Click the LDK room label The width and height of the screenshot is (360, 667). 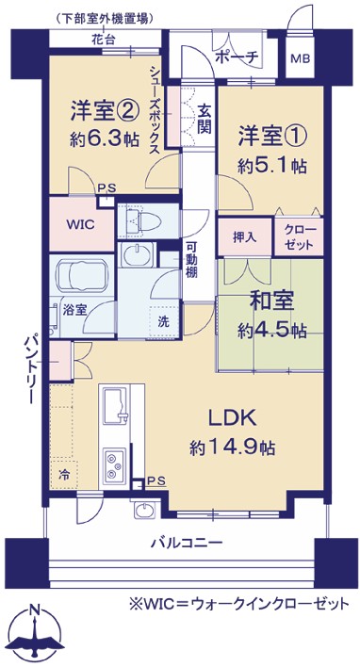232,419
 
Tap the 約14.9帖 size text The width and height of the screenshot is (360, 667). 232,447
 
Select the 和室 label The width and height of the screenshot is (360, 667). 271,302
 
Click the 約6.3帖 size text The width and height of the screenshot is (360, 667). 105,138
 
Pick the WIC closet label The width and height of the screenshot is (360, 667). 79,224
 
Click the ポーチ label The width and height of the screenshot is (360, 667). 237,57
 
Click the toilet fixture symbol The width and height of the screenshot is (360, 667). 141,220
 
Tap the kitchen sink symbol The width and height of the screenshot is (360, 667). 115,406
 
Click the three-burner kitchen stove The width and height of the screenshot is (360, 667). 114,465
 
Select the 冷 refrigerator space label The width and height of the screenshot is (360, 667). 62,474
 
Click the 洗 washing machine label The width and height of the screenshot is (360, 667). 163,322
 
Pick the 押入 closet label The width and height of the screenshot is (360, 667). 244,237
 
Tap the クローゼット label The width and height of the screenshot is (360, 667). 300,237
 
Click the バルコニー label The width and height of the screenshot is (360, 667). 188,544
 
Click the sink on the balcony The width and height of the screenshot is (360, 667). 145,510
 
